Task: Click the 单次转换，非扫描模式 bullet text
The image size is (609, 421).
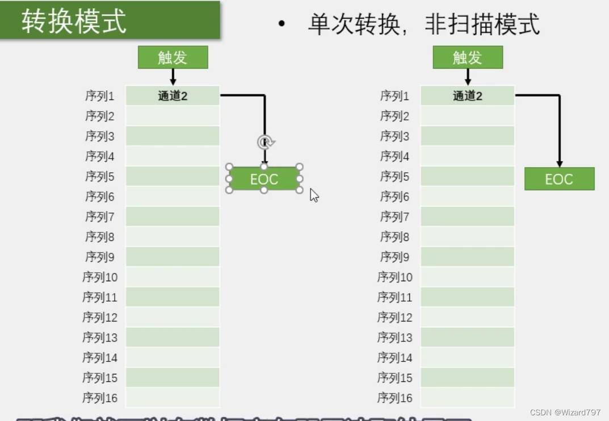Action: [x=423, y=24]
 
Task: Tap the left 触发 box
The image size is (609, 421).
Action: [x=173, y=57]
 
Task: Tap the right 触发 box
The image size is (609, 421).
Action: [x=468, y=57]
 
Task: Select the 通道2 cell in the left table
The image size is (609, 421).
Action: [x=173, y=96]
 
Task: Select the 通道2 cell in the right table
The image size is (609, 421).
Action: [x=468, y=96]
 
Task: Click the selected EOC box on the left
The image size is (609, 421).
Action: [x=264, y=179]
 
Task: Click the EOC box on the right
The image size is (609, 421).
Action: [x=559, y=179]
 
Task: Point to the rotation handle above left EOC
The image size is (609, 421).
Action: [x=265, y=142]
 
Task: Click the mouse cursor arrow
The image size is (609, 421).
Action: [x=314, y=195]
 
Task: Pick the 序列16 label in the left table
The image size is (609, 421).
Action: [x=100, y=398]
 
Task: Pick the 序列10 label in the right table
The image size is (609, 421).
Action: [x=394, y=277]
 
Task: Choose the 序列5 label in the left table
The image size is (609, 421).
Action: [x=100, y=177]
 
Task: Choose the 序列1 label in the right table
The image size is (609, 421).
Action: [x=394, y=96]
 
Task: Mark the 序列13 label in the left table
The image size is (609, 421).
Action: [x=100, y=337]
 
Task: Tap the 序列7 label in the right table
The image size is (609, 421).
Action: [x=394, y=217]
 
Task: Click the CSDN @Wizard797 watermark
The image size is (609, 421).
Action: [x=565, y=412]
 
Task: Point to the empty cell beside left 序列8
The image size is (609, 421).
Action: [x=173, y=237]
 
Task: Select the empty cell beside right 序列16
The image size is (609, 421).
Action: [x=468, y=398]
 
